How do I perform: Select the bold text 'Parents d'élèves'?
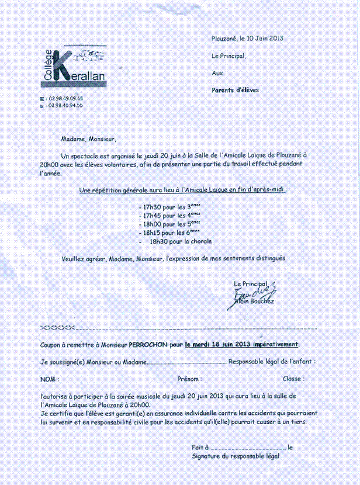[x=235, y=90]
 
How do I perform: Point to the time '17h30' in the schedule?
[x=151, y=207]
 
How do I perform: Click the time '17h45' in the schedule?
[x=151, y=216]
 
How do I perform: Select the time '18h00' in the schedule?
[x=151, y=224]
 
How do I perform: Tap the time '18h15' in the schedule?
[x=151, y=233]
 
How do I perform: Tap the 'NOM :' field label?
[x=50, y=379]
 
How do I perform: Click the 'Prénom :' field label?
[x=189, y=379]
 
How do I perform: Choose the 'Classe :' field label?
[x=293, y=379]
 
